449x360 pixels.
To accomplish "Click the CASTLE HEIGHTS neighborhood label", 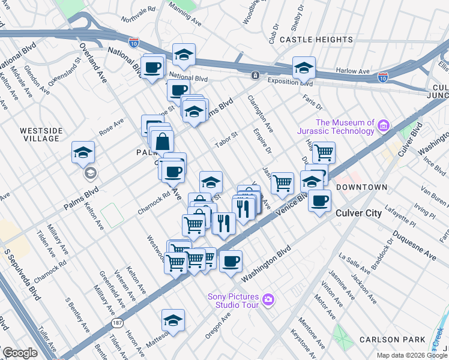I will click(x=316, y=40).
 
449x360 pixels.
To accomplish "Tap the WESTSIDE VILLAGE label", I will click(x=40, y=134).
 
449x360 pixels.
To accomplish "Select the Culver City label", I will click(x=358, y=213).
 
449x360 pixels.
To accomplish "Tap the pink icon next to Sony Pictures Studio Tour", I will click(x=268, y=299).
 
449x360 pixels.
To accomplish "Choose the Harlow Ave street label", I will click(x=352, y=71).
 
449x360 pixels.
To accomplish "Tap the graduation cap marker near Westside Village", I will click(x=83, y=153).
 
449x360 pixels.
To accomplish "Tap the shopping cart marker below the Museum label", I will click(x=324, y=152).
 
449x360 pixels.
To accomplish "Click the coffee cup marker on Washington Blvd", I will click(x=231, y=262).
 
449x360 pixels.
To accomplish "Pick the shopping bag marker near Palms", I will click(x=162, y=143).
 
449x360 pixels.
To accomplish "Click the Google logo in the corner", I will click(x=19, y=353).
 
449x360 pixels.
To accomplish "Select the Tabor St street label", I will click(x=228, y=138).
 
